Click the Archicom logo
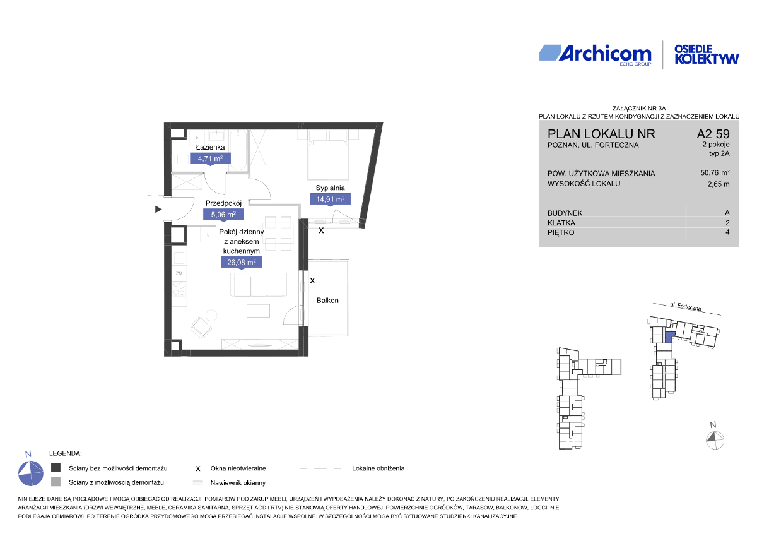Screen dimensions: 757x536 point(595,56)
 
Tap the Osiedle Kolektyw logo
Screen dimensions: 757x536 point(707,55)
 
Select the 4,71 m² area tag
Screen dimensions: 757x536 point(210,158)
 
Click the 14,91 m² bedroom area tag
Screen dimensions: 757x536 point(330,199)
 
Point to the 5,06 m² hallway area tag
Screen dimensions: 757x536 point(223,215)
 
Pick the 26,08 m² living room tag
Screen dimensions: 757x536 point(241,263)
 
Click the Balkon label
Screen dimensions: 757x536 point(327,301)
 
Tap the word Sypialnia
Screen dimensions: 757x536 point(330,188)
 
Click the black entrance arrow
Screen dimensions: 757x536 point(158,210)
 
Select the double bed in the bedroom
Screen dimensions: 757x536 point(328,155)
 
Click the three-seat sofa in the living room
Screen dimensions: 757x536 point(259,285)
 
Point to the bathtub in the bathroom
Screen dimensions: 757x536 point(239,151)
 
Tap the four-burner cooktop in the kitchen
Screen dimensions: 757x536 point(179,289)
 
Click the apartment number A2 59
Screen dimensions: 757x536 point(713,134)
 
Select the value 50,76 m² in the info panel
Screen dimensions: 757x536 point(715,173)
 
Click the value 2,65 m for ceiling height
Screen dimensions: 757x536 point(719,184)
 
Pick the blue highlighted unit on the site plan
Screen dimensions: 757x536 point(669,337)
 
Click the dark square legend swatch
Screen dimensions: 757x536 point(56,468)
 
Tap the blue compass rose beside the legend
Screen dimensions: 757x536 point(31,473)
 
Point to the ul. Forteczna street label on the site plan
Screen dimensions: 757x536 point(686,307)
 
